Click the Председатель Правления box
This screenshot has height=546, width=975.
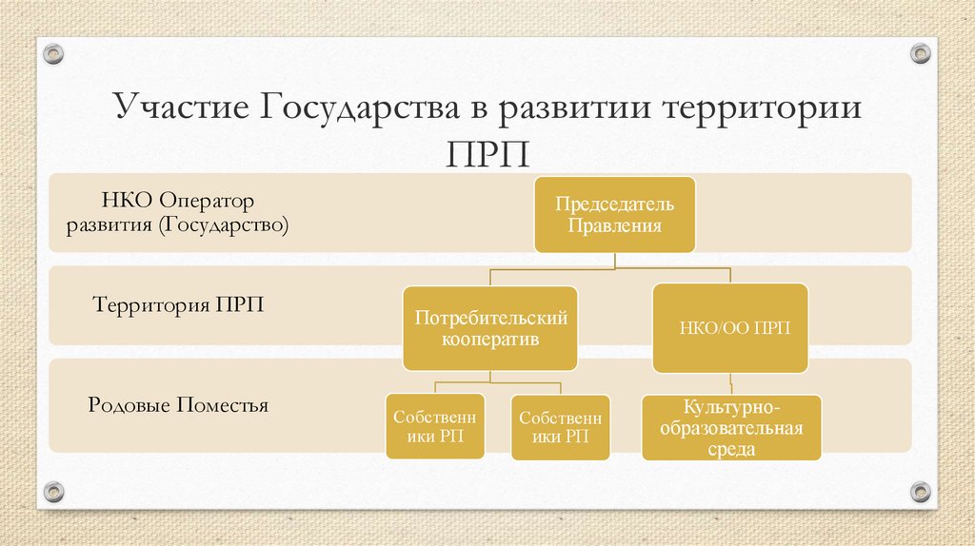point(615,215)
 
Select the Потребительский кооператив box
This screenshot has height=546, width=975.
point(490,327)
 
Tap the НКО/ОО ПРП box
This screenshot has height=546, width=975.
point(730,327)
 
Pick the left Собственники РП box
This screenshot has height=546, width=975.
point(435,427)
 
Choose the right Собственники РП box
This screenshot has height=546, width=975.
point(560,427)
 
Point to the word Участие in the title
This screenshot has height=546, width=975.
point(178,107)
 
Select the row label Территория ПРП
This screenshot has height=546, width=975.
point(179,306)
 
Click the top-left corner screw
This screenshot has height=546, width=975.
point(54,53)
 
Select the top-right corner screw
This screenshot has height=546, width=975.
point(920,53)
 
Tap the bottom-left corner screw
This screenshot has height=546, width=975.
point(54,491)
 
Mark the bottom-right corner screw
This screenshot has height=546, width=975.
point(920,491)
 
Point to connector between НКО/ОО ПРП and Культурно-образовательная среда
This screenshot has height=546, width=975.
point(730,383)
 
